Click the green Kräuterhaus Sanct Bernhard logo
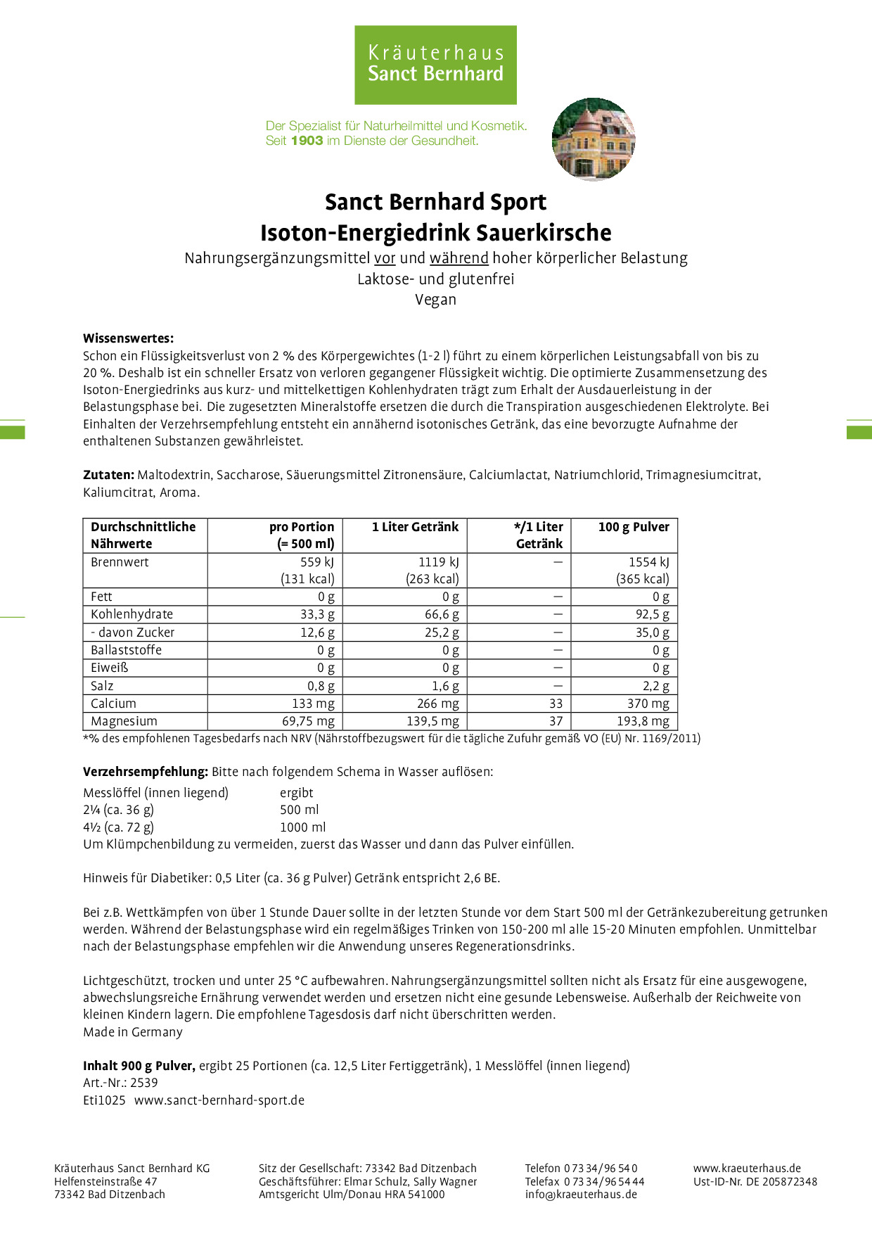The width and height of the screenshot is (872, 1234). (435, 65)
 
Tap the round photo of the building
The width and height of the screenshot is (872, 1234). (594, 139)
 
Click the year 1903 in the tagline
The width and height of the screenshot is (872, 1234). (307, 141)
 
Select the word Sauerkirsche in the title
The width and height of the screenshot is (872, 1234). (544, 233)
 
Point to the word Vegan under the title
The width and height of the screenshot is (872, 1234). (435, 300)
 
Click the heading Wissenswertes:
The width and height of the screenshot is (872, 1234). (128, 338)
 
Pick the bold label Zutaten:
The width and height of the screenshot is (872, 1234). (108, 475)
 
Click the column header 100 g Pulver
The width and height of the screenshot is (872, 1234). (633, 527)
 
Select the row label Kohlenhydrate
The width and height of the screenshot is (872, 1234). (132, 614)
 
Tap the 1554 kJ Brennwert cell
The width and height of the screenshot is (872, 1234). (648, 562)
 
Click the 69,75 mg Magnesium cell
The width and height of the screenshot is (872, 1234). (308, 721)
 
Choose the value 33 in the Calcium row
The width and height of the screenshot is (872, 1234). (556, 704)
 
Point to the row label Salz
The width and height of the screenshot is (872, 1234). (102, 686)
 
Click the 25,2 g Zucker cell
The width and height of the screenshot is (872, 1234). (442, 632)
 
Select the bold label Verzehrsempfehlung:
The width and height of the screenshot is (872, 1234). (145, 772)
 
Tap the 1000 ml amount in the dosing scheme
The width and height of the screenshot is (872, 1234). (302, 827)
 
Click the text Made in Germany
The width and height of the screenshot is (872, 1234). (132, 1032)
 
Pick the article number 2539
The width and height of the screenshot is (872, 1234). (143, 1083)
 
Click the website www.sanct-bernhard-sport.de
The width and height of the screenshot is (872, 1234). (219, 1100)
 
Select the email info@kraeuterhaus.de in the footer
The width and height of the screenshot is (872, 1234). (581, 1194)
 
